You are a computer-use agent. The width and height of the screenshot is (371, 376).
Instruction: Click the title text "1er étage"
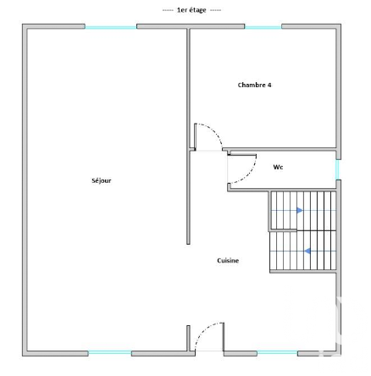191,10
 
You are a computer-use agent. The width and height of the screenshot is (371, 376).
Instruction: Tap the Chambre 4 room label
254,85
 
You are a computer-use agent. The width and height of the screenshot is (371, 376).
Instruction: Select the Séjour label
102,180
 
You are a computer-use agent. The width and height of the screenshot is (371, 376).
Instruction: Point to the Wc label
278,167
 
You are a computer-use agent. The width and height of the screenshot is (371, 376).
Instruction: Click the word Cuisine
228,261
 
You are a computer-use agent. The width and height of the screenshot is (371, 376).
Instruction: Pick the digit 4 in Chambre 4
269,85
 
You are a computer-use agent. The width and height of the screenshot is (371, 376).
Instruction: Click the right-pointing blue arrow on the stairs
300,210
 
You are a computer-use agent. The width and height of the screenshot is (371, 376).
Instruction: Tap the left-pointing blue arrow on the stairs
307,251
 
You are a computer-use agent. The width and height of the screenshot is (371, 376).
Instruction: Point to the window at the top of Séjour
111,27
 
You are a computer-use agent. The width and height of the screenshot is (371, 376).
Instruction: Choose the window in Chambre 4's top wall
263,27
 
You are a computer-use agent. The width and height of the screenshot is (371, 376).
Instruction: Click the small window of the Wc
337,169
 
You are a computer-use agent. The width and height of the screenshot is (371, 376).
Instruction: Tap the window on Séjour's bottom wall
110,353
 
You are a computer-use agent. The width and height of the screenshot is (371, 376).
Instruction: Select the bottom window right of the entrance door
277,353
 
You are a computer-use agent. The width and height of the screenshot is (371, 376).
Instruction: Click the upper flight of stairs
303,210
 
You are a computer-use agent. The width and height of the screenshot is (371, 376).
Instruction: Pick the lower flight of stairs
303,251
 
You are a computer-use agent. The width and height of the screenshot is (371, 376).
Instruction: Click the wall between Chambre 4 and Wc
282,149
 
